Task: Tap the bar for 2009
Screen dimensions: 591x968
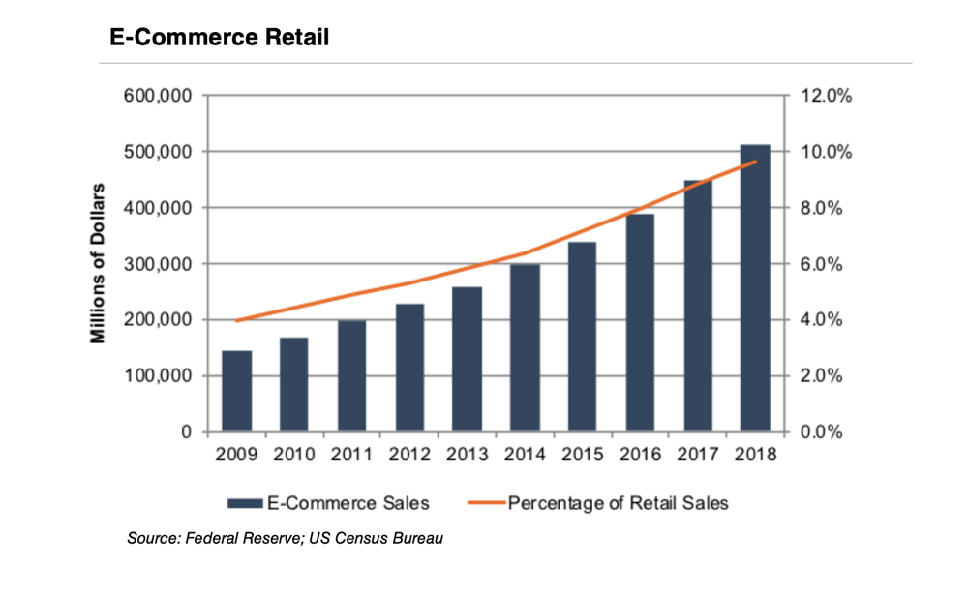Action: point(236,391)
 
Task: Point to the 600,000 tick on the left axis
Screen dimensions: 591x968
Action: point(161,96)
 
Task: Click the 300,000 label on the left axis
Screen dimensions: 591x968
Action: point(161,264)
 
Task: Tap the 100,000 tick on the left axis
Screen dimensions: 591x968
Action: point(161,376)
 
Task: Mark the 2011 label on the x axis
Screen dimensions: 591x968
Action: point(351,454)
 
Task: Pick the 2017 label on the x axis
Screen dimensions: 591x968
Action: point(698,454)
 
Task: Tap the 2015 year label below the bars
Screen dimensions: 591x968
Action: point(583,454)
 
